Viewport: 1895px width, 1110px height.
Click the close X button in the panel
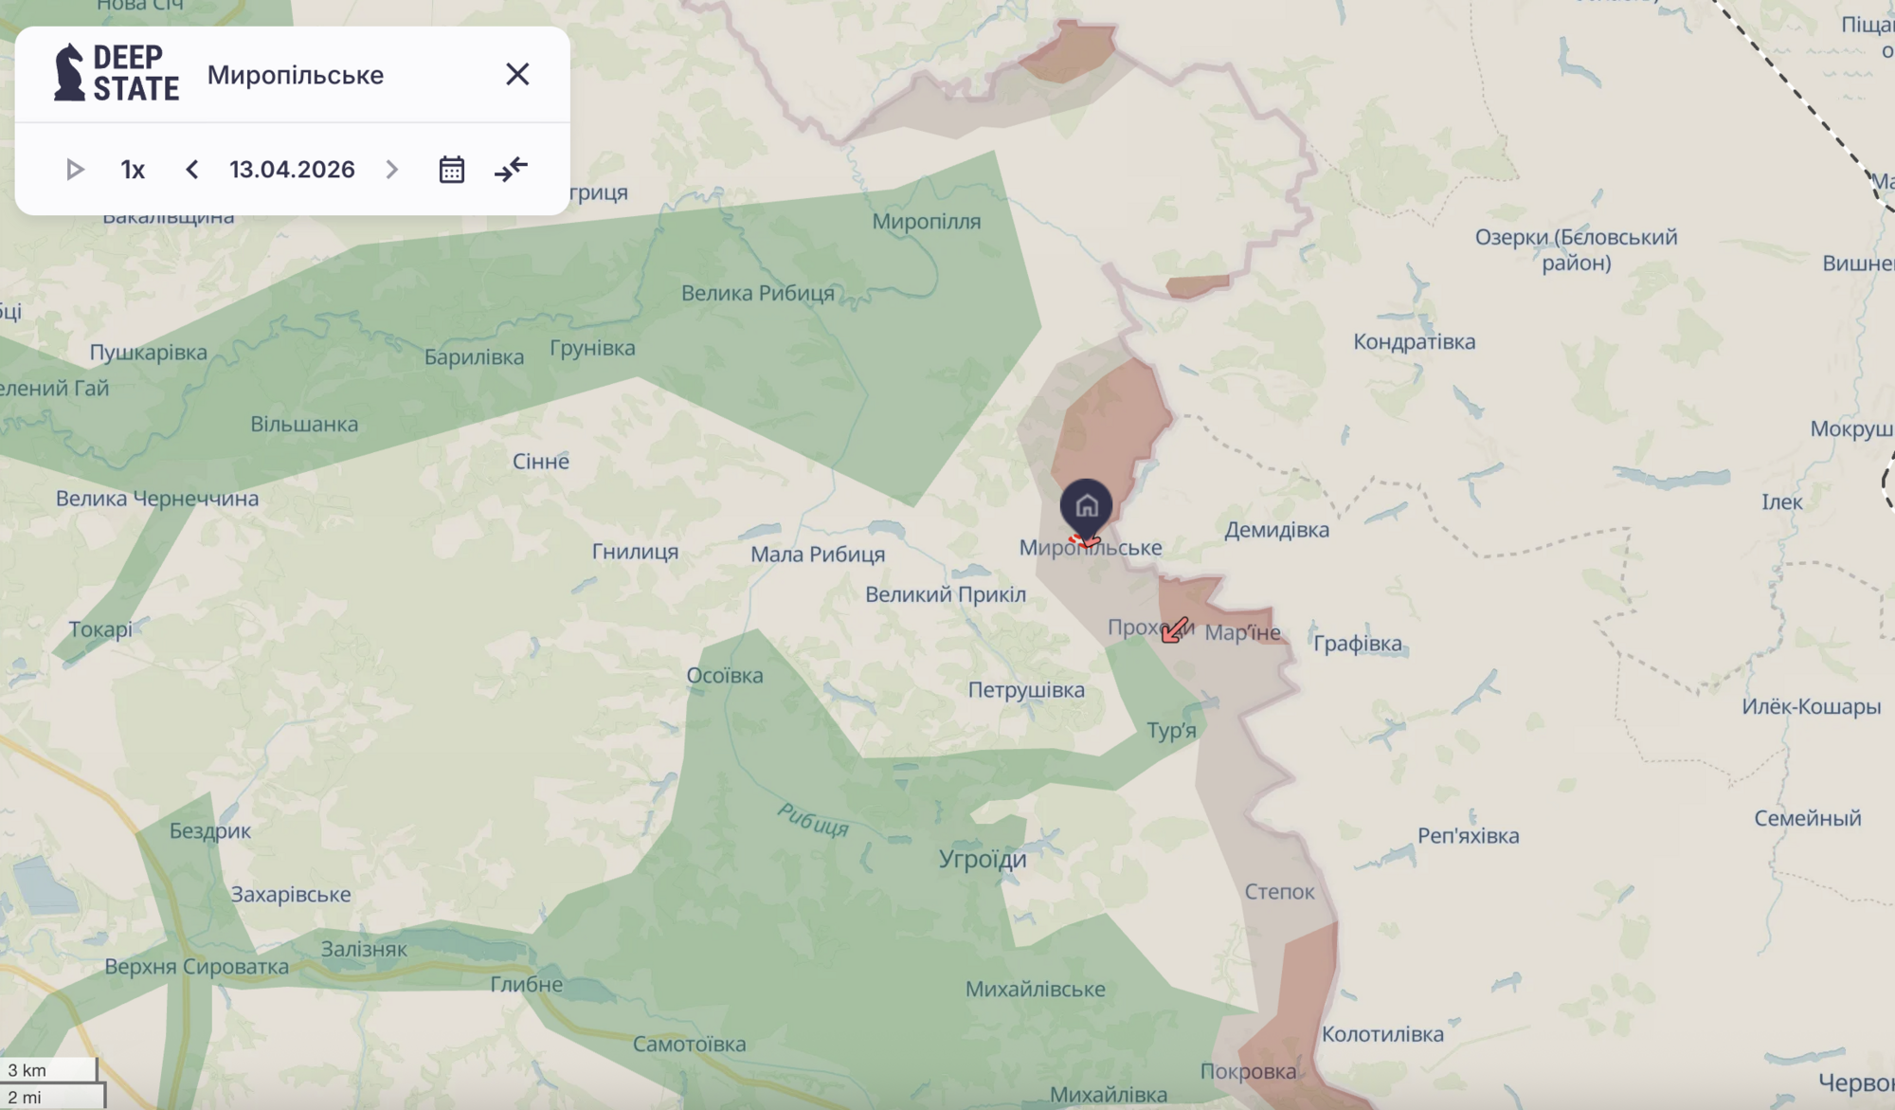pyautogui.click(x=517, y=74)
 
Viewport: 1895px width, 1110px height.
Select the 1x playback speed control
pyautogui.click(x=133, y=170)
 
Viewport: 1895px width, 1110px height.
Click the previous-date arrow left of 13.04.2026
pyautogui.click(x=192, y=170)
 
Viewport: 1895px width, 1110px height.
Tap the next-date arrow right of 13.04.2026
pyautogui.click(x=391, y=170)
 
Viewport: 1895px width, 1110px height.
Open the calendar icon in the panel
pyautogui.click(x=452, y=170)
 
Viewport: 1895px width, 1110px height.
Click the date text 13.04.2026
pyautogui.click(x=292, y=170)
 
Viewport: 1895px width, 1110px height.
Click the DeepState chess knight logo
pyautogui.click(x=69, y=72)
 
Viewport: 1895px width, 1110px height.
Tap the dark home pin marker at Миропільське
pyautogui.click(x=1086, y=506)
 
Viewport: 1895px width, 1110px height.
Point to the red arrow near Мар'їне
pyautogui.click(x=1175, y=629)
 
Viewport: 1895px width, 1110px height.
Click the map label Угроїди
pyautogui.click(x=983, y=860)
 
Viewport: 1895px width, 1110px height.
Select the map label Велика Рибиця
pyautogui.click(x=758, y=294)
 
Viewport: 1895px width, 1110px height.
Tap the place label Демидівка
pyautogui.click(x=1276, y=530)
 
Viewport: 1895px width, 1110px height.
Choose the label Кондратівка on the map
pyautogui.click(x=1414, y=342)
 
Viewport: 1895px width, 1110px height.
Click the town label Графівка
pyautogui.click(x=1357, y=644)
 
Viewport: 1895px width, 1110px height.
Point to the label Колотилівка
pyautogui.click(x=1382, y=1034)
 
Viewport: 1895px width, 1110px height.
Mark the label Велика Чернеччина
pyautogui.click(x=157, y=499)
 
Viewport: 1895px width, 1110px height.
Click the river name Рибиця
pyautogui.click(x=813, y=820)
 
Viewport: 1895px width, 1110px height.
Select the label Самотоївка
pyautogui.click(x=689, y=1045)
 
